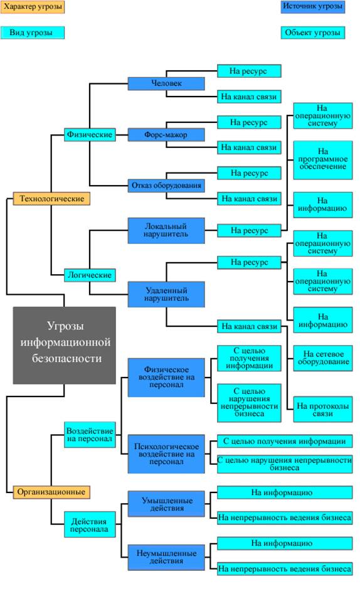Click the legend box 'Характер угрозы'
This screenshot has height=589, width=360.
pyautogui.click(x=32, y=7)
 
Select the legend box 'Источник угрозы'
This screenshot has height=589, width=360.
pyautogui.click(x=313, y=7)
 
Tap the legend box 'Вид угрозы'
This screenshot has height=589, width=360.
pyautogui.click(x=32, y=33)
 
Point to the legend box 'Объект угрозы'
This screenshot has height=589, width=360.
pyautogui.click(x=313, y=33)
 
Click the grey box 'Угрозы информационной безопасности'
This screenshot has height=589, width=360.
pyautogui.click(x=64, y=345)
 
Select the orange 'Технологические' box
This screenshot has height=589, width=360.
pyautogui.click(x=51, y=198)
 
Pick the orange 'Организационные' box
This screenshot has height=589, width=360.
pyautogui.click(x=51, y=492)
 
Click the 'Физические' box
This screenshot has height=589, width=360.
pyautogui.click(x=90, y=134)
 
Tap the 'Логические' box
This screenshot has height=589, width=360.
pyautogui.click(x=90, y=275)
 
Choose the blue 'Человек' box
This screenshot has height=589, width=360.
pyautogui.click(x=166, y=83)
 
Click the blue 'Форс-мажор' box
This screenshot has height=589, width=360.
pyautogui.click(x=166, y=134)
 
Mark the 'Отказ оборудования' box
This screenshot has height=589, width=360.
pyautogui.click(x=166, y=186)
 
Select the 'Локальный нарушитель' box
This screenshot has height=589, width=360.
pyautogui.click(x=166, y=230)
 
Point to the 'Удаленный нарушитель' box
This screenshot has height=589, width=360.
pyautogui.click(x=166, y=294)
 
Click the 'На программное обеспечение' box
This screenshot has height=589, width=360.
pyautogui.click(x=323, y=160)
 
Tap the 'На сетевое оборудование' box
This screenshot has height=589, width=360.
pyautogui.click(x=323, y=358)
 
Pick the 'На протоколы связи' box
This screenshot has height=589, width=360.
pyautogui.click(x=323, y=410)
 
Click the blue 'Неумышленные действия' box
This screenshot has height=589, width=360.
pyautogui.click(x=166, y=557)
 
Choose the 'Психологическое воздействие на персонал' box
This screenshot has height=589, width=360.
pyautogui.click(x=166, y=454)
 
